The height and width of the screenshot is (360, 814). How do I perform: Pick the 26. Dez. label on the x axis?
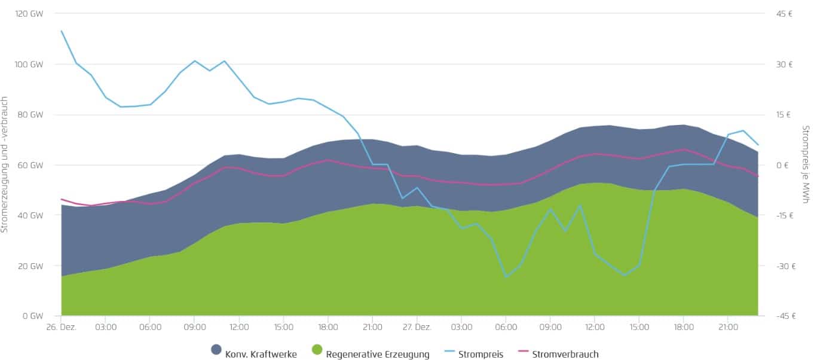(x=62, y=327)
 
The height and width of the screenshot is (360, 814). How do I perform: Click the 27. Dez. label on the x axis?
(x=417, y=327)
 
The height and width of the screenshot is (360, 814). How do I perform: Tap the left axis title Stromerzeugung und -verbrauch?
(x=5, y=164)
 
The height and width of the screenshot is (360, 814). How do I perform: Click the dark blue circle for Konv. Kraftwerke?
(x=216, y=350)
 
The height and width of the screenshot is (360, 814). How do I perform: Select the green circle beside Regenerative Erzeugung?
(x=317, y=350)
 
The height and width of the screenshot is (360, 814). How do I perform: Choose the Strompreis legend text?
(x=481, y=354)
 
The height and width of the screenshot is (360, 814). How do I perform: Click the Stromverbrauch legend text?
(x=565, y=354)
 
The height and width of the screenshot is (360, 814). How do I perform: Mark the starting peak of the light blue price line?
(x=62, y=31)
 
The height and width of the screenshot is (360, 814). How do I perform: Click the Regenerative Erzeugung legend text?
(x=378, y=354)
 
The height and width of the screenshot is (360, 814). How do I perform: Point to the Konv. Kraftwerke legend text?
(x=261, y=354)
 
